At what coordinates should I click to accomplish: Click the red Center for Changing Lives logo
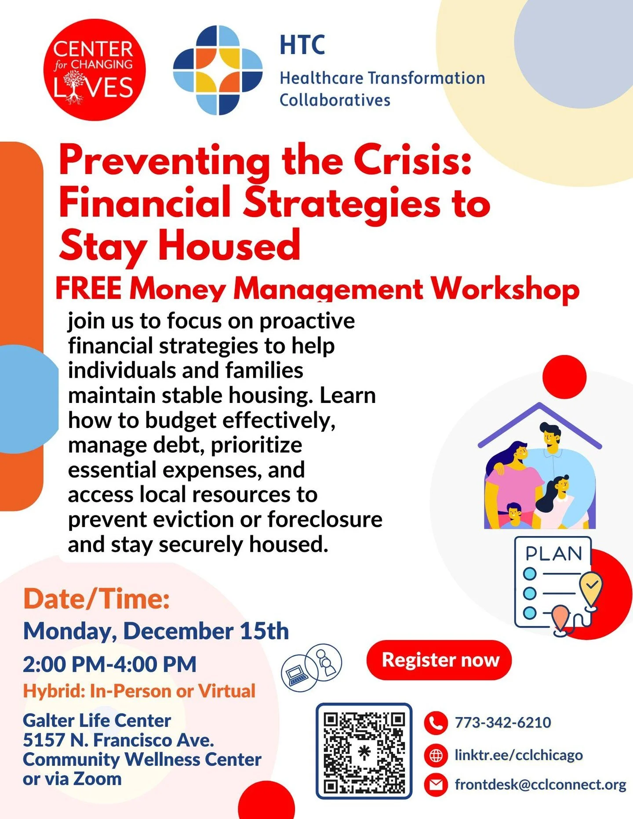coord(94,69)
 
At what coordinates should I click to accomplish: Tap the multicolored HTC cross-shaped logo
coord(218,70)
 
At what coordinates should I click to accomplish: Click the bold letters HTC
coord(302,45)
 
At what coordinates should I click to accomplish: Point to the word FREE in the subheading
coord(88,289)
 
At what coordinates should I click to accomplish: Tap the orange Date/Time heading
coord(96,599)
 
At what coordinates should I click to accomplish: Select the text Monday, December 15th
coord(156,631)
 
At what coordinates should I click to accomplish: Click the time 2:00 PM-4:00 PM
coord(109,664)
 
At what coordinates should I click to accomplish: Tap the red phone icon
coord(436,723)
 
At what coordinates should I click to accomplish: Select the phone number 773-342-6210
coord(502,723)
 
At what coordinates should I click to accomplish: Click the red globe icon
coord(436,755)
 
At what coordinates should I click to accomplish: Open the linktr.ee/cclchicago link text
coord(519,755)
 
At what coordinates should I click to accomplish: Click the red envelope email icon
coord(436,785)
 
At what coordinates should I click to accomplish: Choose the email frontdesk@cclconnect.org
coord(540,785)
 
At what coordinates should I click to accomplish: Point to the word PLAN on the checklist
coord(553,554)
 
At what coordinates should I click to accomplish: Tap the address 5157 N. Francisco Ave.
coord(118,740)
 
